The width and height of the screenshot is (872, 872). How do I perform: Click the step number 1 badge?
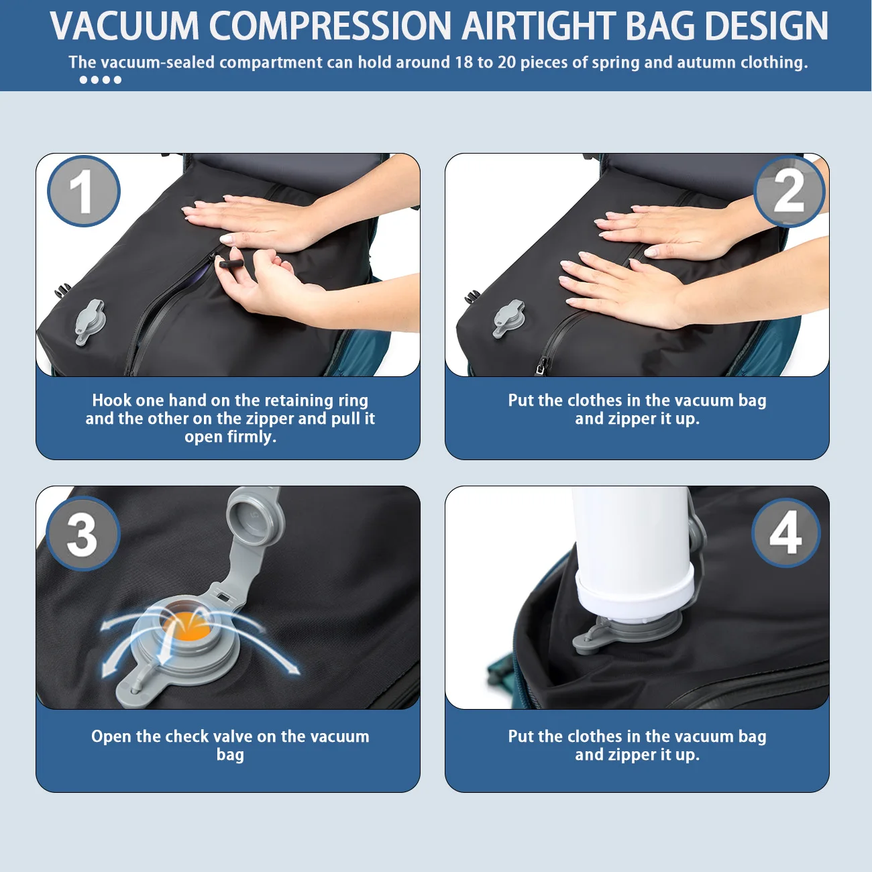(x=83, y=191)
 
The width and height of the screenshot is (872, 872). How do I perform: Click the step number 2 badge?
(x=789, y=191)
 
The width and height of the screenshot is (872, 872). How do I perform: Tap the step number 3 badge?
(x=83, y=534)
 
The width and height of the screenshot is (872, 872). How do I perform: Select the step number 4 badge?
(x=785, y=533)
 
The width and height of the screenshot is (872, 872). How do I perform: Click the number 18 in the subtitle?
(x=464, y=62)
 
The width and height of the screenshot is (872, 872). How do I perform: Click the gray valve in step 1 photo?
(x=90, y=321)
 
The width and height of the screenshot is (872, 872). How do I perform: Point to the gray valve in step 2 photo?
(x=509, y=317)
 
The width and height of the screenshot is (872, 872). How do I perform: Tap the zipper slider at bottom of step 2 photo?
(x=541, y=366)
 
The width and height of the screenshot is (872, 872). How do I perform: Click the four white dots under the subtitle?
(x=100, y=80)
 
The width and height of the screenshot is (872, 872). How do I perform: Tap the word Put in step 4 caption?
(x=521, y=737)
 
